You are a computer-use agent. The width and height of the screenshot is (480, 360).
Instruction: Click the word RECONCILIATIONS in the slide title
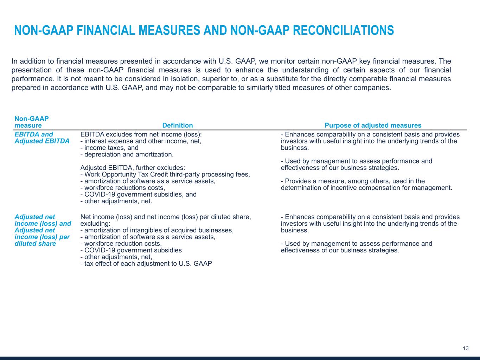343,31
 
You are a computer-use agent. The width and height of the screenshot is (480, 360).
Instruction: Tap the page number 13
466,348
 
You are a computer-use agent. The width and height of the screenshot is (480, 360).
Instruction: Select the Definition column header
177,126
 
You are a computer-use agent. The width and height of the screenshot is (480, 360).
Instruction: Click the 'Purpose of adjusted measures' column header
373,126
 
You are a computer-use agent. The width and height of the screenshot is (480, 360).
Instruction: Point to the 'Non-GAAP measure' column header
32,122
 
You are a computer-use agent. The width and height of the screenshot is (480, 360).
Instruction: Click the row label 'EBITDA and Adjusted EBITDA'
42,138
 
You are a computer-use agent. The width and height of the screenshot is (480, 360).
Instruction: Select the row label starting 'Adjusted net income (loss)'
43,230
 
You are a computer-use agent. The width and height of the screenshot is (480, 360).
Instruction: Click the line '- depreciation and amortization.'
127,154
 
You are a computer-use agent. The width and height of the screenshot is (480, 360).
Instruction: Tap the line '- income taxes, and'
109,148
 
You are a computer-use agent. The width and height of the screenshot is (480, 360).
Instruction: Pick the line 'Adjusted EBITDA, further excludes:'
133,168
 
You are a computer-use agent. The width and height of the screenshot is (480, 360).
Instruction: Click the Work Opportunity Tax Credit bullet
165,174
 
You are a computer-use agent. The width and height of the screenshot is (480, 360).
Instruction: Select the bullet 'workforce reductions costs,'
123,188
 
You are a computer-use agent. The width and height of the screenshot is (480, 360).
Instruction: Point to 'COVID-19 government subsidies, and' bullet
139,194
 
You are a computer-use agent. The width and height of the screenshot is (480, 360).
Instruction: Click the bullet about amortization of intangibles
157,230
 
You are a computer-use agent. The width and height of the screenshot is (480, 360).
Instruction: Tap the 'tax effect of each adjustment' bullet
146,264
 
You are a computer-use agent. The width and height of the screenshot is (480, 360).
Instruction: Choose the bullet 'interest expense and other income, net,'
141,141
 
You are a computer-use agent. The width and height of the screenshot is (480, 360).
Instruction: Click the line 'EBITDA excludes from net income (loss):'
141,134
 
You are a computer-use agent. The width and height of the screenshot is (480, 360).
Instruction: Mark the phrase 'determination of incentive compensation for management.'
366,188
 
